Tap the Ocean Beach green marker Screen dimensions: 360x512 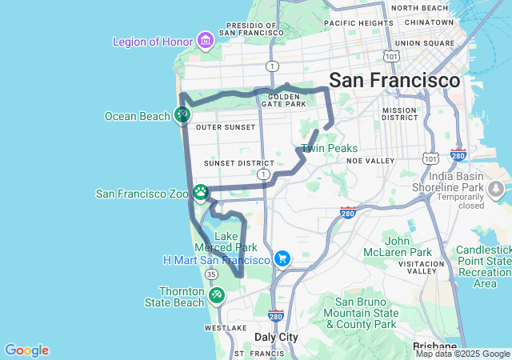pyautogui.click(x=182, y=115)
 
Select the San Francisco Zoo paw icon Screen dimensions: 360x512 pyautogui.click(x=200, y=192)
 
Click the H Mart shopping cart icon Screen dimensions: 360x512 pyautogui.click(x=282, y=259)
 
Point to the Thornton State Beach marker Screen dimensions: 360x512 pyautogui.click(x=216, y=296)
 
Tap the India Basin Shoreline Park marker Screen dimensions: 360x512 pyautogui.click(x=495, y=188)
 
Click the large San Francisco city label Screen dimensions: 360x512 pyautogui.click(x=394, y=81)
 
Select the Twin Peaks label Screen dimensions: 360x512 pyautogui.click(x=329, y=148)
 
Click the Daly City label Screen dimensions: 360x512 pyautogui.click(x=276, y=337)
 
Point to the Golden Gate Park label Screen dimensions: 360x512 pyautogui.click(x=282, y=99)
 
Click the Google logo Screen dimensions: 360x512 pyautogui.click(x=26, y=350)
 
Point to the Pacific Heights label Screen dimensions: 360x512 pyautogui.click(x=359, y=23)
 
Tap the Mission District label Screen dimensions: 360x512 pyautogui.click(x=399, y=114)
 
